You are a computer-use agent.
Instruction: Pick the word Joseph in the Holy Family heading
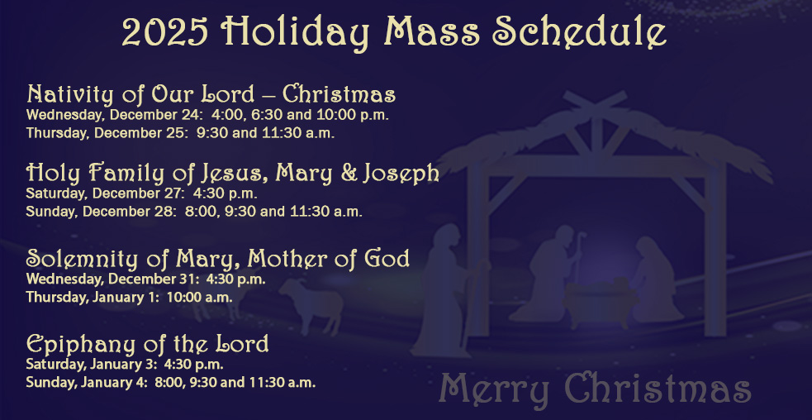pos(400,174)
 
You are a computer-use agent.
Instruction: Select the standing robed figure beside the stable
pos(443,289)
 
